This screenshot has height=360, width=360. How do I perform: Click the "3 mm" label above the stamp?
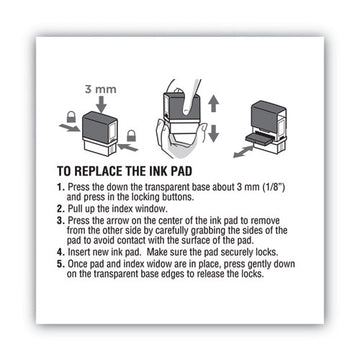pyautogui.click(x=100, y=90)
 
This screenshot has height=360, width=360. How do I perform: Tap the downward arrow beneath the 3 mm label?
pyautogui.click(x=101, y=104)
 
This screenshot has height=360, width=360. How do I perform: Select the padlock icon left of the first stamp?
pyautogui.click(x=71, y=117)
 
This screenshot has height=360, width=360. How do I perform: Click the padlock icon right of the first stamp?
pyautogui.click(x=131, y=135)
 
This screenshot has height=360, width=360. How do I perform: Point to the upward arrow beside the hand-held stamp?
pyautogui.click(x=213, y=103)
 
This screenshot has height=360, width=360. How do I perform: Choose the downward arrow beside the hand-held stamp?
pyautogui.click(x=213, y=132)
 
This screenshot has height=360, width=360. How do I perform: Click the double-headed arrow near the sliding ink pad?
pyautogui.click(x=243, y=151)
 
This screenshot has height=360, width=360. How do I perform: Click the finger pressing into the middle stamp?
pyautogui.click(x=188, y=97)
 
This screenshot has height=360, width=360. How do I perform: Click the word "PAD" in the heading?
pyautogui.click(x=181, y=171)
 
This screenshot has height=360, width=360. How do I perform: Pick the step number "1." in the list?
pyautogui.click(x=60, y=187)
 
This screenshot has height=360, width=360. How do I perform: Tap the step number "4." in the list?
pyautogui.click(x=60, y=252)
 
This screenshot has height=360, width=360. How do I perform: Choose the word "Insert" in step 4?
pyautogui.click(x=78, y=252)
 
